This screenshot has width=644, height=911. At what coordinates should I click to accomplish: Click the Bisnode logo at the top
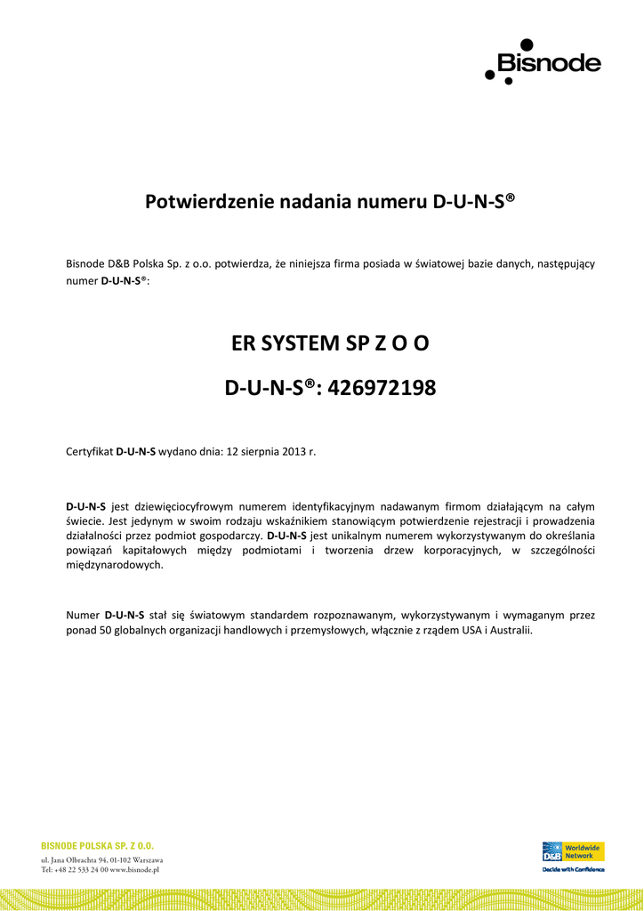click(x=543, y=61)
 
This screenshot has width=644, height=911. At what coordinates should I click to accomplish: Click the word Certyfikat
click(x=90, y=451)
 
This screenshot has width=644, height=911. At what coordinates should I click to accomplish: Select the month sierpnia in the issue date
click(x=265, y=451)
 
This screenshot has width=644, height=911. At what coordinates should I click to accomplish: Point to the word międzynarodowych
click(x=115, y=566)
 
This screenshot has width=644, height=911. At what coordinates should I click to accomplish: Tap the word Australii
click(x=508, y=630)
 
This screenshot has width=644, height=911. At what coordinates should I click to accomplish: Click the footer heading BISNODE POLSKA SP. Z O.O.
click(x=98, y=845)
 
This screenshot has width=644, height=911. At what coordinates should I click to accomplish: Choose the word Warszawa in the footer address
click(x=141, y=860)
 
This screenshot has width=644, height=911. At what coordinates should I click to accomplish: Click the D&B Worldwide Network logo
click(x=573, y=851)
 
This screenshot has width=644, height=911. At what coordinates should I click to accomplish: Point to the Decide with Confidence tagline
click(x=573, y=869)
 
